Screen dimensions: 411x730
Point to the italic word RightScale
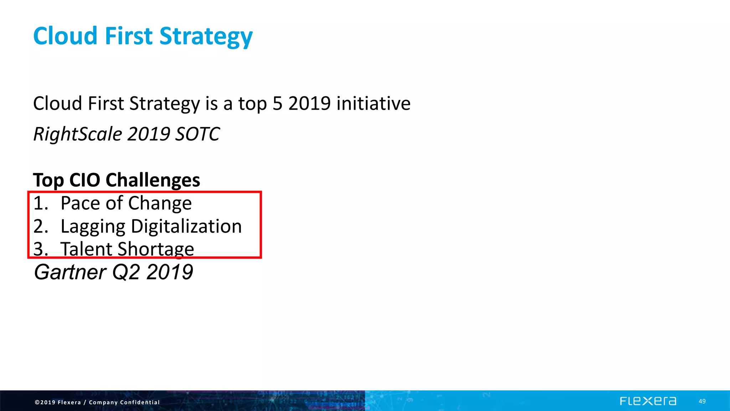point(78,134)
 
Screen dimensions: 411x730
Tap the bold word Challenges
point(153,180)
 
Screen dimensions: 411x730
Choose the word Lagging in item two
point(93,227)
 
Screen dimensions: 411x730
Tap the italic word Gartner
point(70,272)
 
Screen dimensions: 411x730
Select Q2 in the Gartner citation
point(126,272)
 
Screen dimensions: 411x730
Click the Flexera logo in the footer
point(648,401)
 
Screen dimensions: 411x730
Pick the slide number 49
point(702,401)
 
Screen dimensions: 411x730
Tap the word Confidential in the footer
point(140,402)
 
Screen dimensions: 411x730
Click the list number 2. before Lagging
point(40,227)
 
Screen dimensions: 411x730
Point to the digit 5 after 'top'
point(277,103)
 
